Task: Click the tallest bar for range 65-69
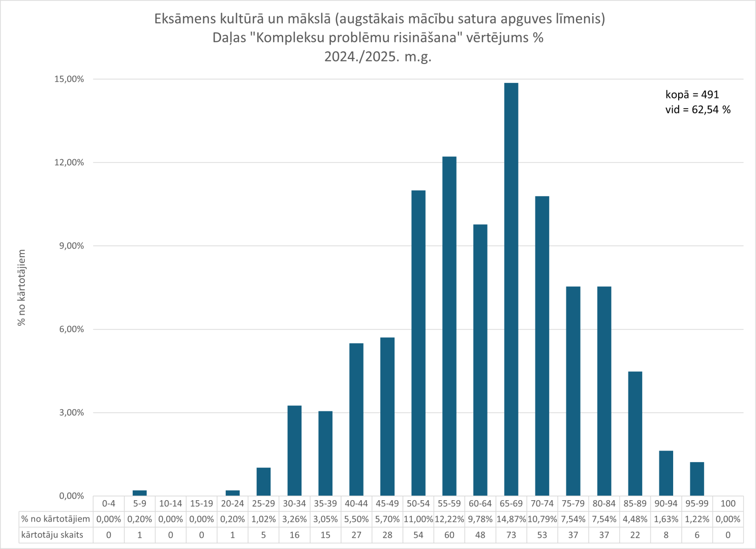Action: pos(511,290)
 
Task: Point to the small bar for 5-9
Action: pos(140,493)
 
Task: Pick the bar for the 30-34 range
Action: pos(294,451)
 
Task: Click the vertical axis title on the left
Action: pos(22,288)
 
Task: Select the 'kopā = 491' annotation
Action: pos(692,95)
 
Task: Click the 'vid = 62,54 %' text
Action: pos(698,110)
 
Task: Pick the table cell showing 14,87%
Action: pos(511,520)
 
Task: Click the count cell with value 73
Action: pos(511,535)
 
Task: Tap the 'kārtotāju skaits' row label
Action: pos(52,535)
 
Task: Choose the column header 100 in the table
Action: pos(728,504)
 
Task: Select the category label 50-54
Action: pos(418,504)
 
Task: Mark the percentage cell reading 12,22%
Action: pos(449,520)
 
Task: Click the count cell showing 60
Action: pos(449,535)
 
